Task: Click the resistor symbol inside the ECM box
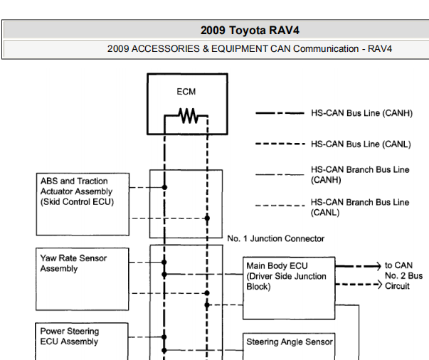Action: point(186,115)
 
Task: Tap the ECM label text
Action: point(186,92)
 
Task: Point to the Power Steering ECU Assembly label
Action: point(70,337)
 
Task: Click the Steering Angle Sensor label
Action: point(290,342)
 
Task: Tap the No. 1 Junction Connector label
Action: point(276,239)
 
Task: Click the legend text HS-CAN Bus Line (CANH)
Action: point(361,113)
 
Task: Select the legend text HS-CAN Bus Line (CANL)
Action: point(361,144)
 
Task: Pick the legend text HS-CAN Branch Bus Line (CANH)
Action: point(360,175)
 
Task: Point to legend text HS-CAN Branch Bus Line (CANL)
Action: point(360,207)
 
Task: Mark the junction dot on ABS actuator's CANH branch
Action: point(164,188)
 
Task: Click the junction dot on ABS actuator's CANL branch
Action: point(207,218)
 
